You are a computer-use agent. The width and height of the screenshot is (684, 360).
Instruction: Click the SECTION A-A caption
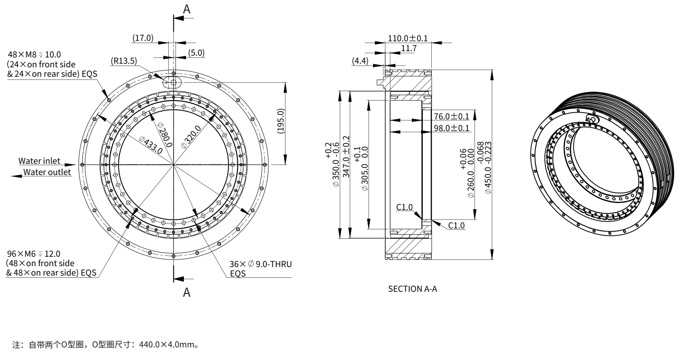click(412, 289)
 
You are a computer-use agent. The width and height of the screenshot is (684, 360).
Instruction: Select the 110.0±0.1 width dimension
click(408, 39)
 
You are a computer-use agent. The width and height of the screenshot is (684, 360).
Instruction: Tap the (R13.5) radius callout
click(124, 61)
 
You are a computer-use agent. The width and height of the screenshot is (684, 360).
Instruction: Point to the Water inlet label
click(39, 161)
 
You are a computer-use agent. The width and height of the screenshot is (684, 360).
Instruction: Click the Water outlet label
click(47, 172)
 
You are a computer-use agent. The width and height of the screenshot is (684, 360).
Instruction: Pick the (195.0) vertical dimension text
click(281, 121)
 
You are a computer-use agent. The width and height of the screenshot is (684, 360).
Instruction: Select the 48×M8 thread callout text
click(34, 55)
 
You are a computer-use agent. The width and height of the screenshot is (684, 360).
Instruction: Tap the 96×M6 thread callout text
click(33, 254)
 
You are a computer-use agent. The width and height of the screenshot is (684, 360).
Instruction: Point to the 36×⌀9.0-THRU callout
click(260, 264)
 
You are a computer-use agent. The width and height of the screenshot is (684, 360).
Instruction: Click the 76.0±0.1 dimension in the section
click(451, 117)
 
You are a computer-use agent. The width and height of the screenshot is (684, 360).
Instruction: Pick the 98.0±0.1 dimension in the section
click(451, 128)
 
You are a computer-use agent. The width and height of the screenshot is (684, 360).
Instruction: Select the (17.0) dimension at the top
click(143, 38)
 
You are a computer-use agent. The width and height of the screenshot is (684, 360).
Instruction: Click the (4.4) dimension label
click(360, 61)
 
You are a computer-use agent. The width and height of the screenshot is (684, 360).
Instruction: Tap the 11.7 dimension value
click(408, 48)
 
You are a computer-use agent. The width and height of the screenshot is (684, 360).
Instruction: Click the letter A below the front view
click(187, 292)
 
